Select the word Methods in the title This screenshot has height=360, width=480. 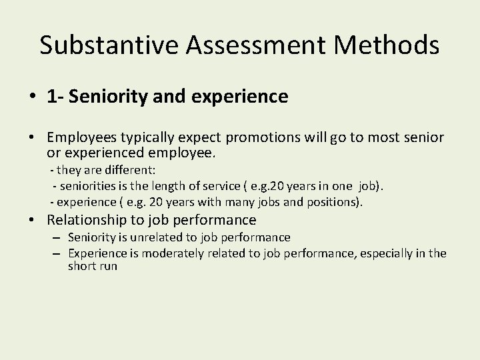396,45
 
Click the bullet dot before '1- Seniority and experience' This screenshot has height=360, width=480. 33,97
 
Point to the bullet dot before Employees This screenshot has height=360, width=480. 33,137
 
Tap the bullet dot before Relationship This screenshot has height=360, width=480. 33,220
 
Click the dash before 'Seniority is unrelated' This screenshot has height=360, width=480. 57,238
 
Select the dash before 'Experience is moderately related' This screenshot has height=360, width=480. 57,253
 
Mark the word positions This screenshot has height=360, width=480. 334,201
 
